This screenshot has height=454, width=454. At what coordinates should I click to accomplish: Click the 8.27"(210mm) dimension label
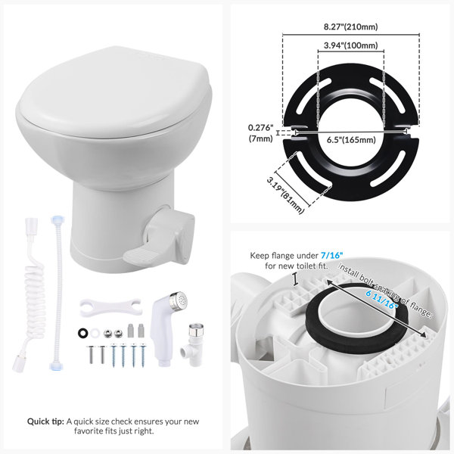[x=350, y=27]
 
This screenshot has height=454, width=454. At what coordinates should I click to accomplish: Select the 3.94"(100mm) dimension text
[x=350, y=45]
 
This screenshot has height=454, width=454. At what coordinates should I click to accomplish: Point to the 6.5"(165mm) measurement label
[x=351, y=140]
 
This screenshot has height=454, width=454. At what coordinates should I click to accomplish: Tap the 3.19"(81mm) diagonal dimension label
[x=285, y=195]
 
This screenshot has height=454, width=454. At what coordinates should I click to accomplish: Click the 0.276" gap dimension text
[x=260, y=128]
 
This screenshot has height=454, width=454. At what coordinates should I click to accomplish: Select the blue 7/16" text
[x=331, y=256]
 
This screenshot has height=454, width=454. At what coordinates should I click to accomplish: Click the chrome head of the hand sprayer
[x=179, y=299]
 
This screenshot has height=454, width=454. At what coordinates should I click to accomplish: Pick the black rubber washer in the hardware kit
[x=83, y=333]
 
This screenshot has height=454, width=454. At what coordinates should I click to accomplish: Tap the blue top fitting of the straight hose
[x=56, y=219]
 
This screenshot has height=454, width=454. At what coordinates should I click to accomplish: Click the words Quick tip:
[x=45, y=421]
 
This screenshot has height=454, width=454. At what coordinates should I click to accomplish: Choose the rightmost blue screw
[x=143, y=355]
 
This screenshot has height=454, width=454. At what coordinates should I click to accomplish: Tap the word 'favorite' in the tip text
[x=90, y=431]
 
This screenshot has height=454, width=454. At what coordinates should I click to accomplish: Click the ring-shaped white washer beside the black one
[x=95, y=333]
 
